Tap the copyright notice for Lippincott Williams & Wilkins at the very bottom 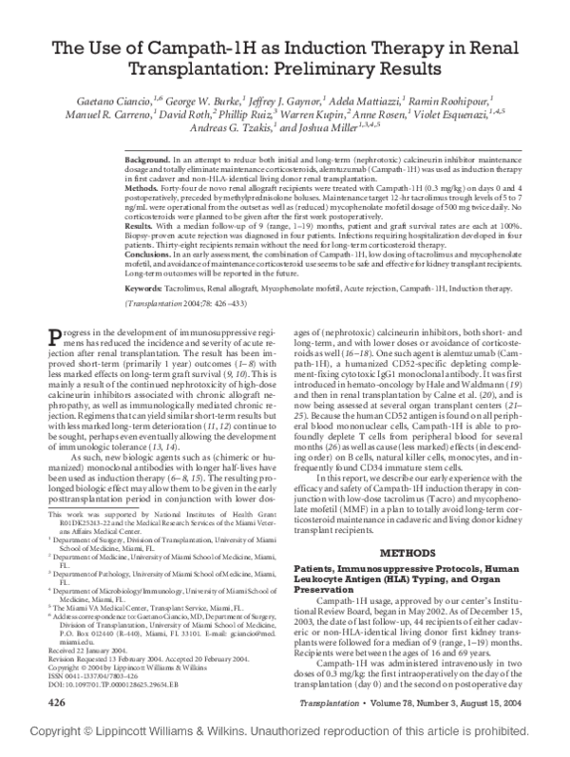284,745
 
